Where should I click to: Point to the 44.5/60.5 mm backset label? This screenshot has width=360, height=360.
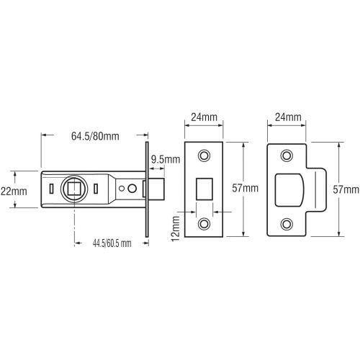click(103, 244)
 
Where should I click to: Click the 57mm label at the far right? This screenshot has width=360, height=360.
click(348, 189)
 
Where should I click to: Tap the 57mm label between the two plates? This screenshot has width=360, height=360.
click(246, 189)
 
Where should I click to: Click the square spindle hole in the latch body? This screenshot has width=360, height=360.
click(73, 189)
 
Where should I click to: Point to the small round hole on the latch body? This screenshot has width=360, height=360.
click(132, 189)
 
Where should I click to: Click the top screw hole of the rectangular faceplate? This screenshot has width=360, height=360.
click(205, 154)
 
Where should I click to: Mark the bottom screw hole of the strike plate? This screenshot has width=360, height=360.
click(287, 222)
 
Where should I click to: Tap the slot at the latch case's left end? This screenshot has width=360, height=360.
click(50, 189)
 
